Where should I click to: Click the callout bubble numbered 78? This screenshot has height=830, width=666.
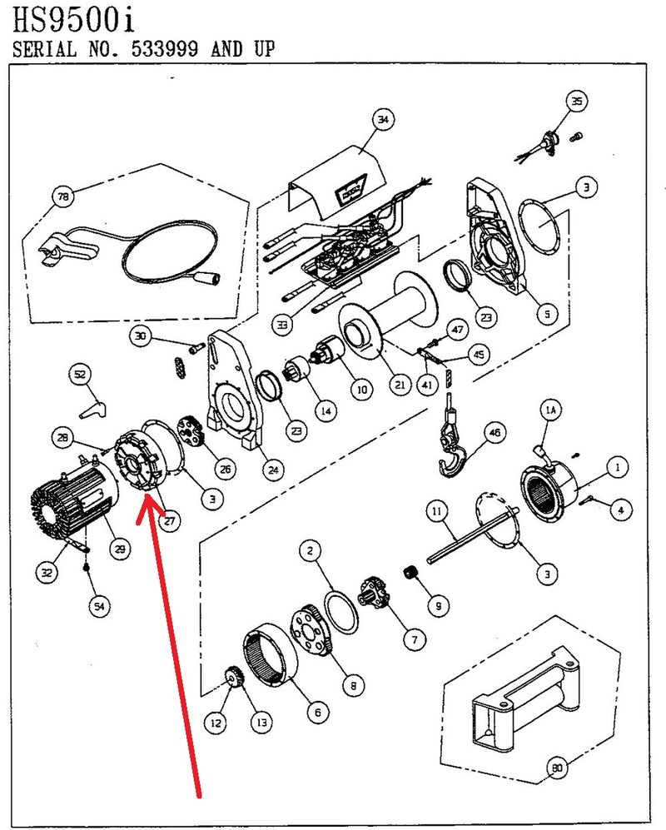[x=62, y=197]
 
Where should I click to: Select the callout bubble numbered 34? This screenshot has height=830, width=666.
[x=381, y=121]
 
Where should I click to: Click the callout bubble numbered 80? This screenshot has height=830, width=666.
[x=555, y=767]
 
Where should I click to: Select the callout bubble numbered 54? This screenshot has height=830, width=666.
[x=99, y=607]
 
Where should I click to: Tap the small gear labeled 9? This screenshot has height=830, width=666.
[x=409, y=574]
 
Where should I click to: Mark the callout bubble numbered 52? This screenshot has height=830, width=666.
[x=79, y=375]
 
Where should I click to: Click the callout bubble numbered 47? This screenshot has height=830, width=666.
[x=457, y=331]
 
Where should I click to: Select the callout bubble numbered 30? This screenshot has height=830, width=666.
[x=142, y=336]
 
